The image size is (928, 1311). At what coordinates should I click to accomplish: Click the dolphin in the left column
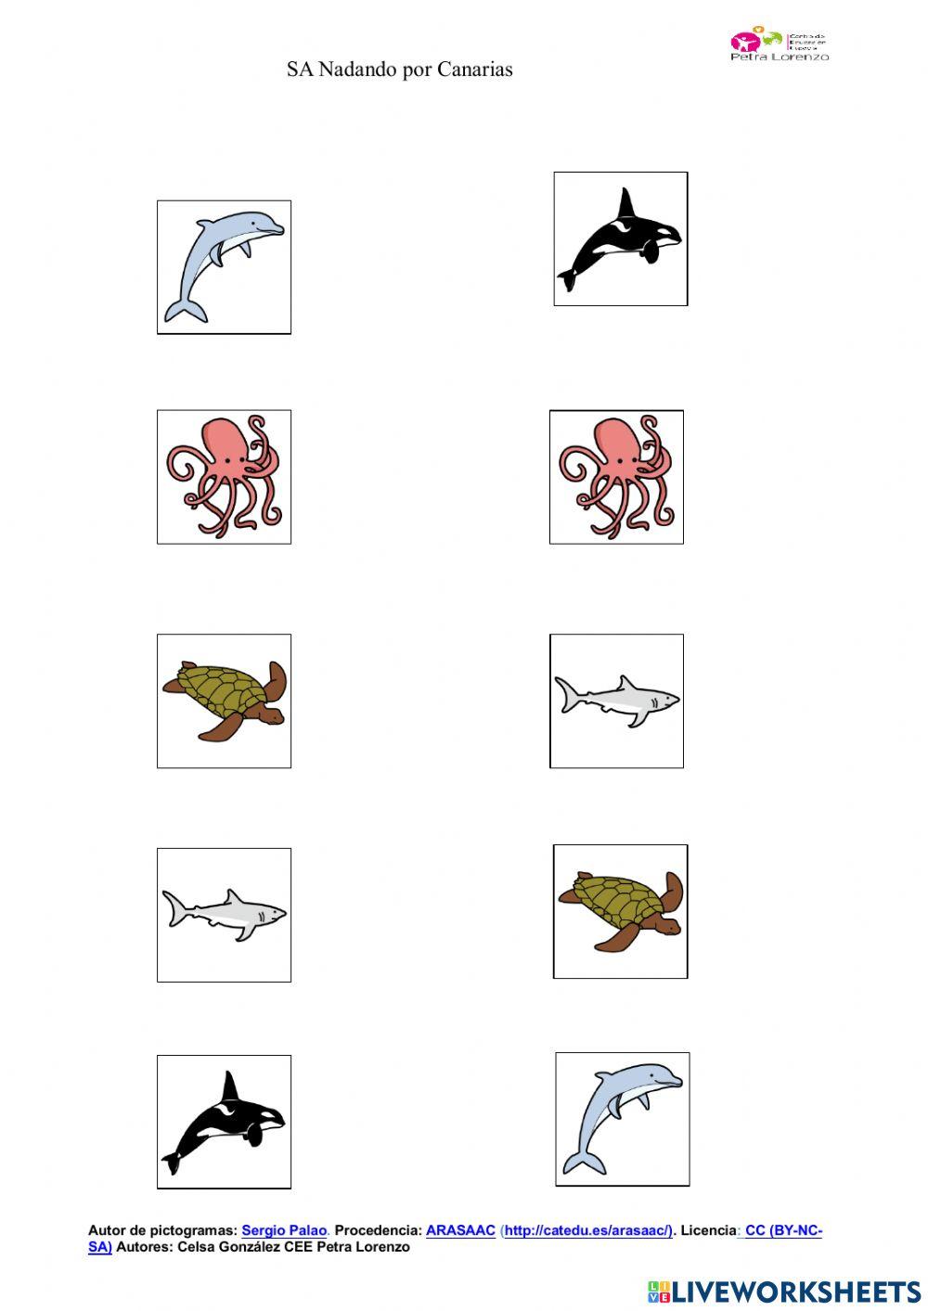click(x=224, y=266)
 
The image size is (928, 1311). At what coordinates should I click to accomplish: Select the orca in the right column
click(x=620, y=238)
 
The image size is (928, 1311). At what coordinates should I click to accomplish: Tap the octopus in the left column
click(x=224, y=476)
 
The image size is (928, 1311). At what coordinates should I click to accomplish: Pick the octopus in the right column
click(x=616, y=476)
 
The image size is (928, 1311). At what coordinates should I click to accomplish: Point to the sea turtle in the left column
click(x=224, y=700)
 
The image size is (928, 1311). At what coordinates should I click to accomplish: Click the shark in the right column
click(x=616, y=700)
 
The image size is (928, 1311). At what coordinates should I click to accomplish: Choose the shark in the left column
click(x=224, y=914)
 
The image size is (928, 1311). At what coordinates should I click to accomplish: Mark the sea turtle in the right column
click(x=620, y=910)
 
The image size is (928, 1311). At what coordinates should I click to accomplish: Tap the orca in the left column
click(x=224, y=1121)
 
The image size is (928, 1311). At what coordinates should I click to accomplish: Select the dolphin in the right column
click(x=622, y=1118)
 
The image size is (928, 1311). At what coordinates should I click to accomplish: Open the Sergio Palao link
click(x=284, y=1230)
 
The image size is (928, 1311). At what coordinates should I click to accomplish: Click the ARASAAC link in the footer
click(x=460, y=1230)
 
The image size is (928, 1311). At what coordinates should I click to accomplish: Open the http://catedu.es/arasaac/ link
click(x=587, y=1230)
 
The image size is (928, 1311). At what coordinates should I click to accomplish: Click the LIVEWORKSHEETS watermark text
click(x=795, y=1292)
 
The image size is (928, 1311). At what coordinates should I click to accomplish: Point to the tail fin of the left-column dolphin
click(x=184, y=312)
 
